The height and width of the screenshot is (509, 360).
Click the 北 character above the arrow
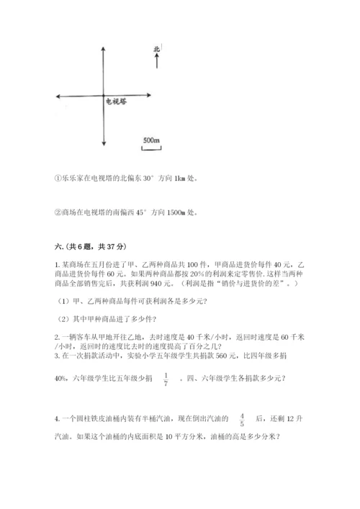pos(157,50)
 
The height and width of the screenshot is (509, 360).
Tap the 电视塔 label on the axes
pos(116,102)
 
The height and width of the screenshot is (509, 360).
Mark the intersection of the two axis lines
pos(104,96)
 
